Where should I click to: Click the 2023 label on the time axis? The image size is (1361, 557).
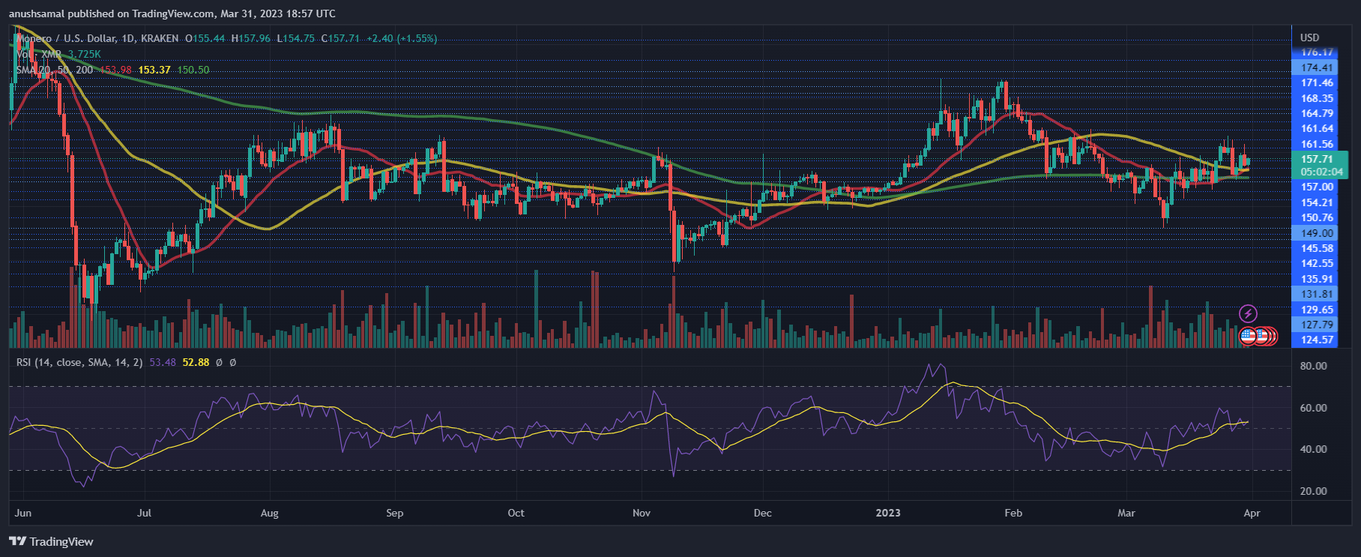pyautogui.click(x=888, y=514)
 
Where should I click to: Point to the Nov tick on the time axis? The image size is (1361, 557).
pyautogui.click(x=641, y=514)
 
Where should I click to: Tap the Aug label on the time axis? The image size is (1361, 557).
pyautogui.click(x=269, y=514)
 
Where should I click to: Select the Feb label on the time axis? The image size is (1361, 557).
pyautogui.click(x=1013, y=514)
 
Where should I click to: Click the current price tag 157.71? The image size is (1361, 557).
pyautogui.click(x=1317, y=159)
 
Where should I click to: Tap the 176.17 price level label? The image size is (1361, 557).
pyautogui.click(x=1317, y=52)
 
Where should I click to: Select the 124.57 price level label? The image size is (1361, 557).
pyautogui.click(x=1317, y=340)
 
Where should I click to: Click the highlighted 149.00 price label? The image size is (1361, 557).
pyautogui.click(x=1317, y=233)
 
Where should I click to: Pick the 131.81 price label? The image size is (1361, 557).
pyautogui.click(x=1317, y=294)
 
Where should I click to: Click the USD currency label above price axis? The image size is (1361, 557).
pyautogui.click(x=1309, y=37)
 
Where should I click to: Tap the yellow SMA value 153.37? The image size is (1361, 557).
pyautogui.click(x=154, y=70)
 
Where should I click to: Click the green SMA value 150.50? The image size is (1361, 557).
pyautogui.click(x=193, y=70)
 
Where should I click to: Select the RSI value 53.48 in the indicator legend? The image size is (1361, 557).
pyautogui.click(x=163, y=362)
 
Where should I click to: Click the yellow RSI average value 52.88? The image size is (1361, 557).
pyautogui.click(x=196, y=362)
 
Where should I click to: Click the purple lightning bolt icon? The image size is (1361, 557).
pyautogui.click(x=1248, y=313)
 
